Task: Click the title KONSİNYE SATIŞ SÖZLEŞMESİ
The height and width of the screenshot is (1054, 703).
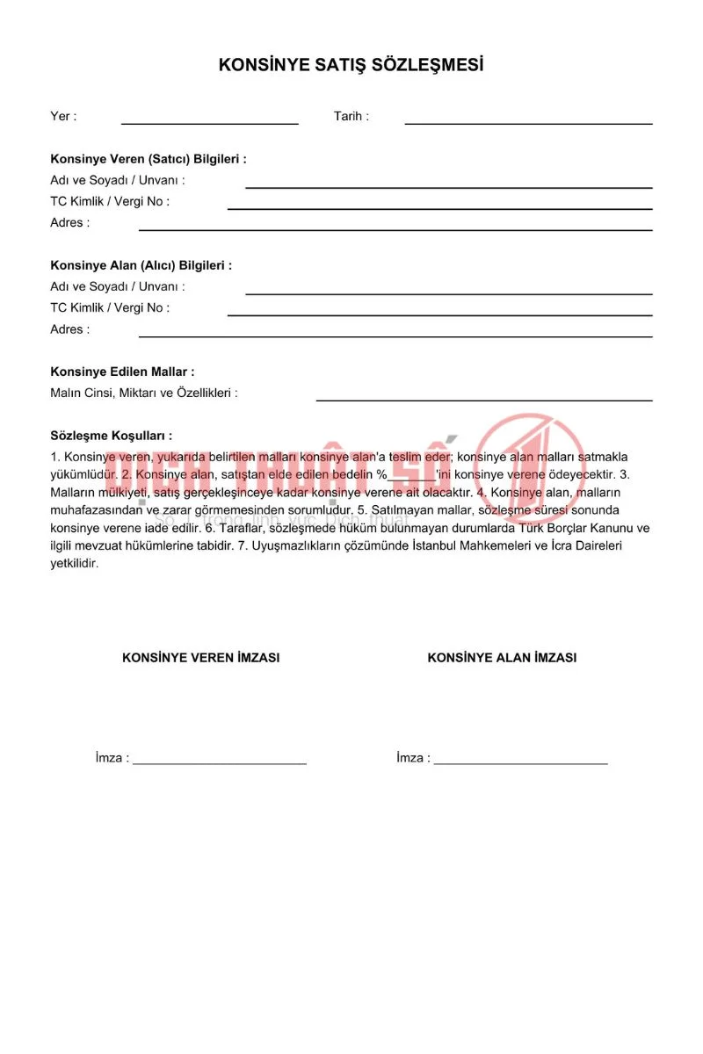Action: point(351,65)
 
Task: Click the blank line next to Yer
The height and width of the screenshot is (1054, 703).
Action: point(209,121)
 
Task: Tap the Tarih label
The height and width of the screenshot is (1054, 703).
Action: point(351,116)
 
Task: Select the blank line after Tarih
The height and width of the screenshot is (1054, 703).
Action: point(528,121)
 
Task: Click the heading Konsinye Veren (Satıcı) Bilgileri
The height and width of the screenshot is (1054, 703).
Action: point(148,159)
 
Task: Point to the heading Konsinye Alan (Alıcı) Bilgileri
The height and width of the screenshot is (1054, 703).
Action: point(141,265)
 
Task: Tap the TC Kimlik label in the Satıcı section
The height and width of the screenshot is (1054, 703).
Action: point(110,201)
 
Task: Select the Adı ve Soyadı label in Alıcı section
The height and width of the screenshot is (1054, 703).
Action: point(117,286)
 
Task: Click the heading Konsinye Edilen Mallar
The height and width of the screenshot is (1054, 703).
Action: point(122,372)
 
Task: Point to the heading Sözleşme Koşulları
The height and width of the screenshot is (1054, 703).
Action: point(111,436)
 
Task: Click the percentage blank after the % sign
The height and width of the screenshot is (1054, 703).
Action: point(411,479)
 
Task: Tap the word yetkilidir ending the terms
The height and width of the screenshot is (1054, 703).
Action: point(75,564)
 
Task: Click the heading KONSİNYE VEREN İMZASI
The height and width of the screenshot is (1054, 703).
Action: point(201,657)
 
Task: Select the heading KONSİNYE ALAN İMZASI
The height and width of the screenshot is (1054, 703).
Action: point(502,657)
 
